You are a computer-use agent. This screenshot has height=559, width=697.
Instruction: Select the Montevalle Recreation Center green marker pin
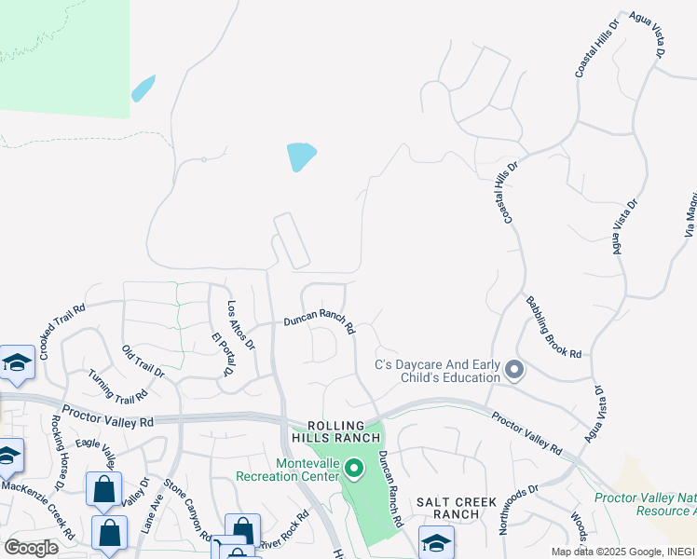pos(353,469)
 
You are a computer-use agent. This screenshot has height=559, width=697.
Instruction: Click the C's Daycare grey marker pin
pos(513,371)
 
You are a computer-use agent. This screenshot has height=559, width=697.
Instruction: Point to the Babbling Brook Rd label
pos(553,328)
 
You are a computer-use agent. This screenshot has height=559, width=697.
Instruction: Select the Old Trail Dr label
pos(143,361)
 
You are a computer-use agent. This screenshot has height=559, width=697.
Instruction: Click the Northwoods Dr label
pos(519,508)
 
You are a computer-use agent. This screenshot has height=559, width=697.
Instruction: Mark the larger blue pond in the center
pos(301,156)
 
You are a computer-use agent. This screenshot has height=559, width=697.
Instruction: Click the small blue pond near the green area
pos(143,89)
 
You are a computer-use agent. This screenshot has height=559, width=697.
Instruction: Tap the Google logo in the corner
pos(31,547)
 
